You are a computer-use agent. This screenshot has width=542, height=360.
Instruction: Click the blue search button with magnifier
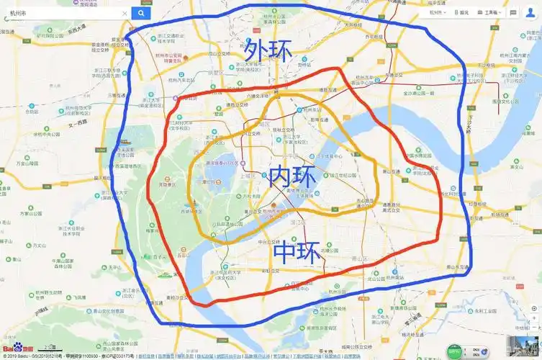tap(140, 13)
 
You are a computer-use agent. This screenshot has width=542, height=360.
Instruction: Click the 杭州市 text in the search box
tap(20, 13)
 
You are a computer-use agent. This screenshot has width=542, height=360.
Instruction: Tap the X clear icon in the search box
tap(124, 13)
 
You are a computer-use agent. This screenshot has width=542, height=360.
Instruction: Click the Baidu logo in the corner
tap(14, 347)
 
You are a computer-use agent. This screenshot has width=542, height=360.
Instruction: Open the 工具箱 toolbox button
tap(492, 12)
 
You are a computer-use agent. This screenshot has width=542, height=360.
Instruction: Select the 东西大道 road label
tap(77, 30)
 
